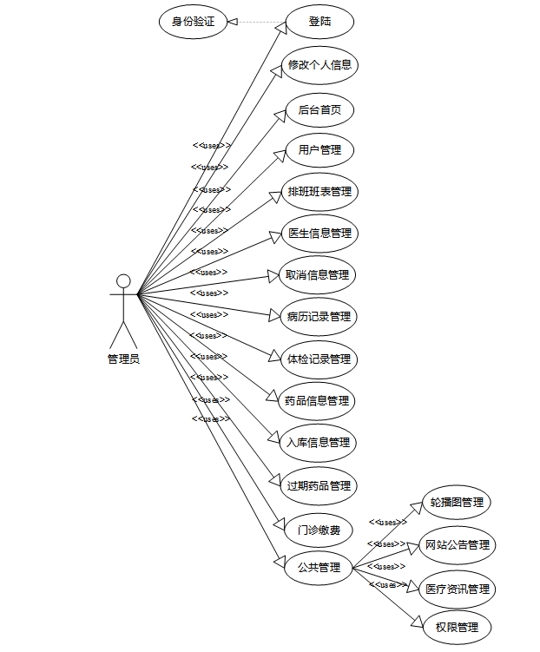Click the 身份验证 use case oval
[x=193, y=22]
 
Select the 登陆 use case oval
[x=319, y=22]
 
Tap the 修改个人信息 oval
[x=319, y=65]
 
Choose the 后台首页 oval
[x=319, y=109]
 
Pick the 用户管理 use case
[x=319, y=150]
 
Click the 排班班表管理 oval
[x=319, y=192]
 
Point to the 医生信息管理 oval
[x=319, y=234]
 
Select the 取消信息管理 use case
[x=318, y=275]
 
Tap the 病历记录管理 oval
[x=319, y=317]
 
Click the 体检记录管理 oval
[x=319, y=359]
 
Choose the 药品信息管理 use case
[x=318, y=400]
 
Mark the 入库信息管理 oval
[x=319, y=443]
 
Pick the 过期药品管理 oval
[x=319, y=485]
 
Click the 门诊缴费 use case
[x=319, y=529]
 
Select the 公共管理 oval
[x=319, y=568]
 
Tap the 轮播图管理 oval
[x=457, y=503]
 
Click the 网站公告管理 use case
[x=457, y=545]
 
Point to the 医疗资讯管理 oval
[x=457, y=589]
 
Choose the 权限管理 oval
[x=457, y=627]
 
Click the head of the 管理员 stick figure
[x=123, y=280]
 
